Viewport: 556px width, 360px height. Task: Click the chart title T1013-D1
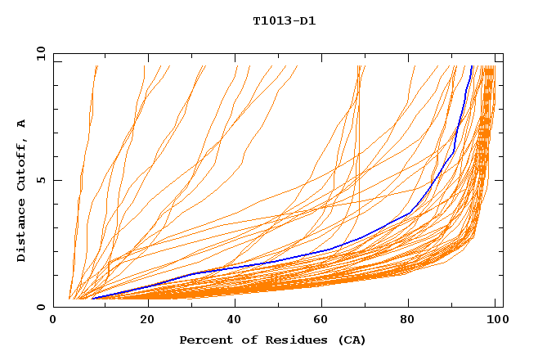pyautogui.click(x=284, y=21)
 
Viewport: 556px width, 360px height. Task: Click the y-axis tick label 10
pyautogui.click(x=40, y=54)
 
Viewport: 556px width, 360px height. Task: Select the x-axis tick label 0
pyautogui.click(x=53, y=321)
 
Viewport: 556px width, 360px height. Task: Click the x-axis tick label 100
pyautogui.click(x=495, y=321)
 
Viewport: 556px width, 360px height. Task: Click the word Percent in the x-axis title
pyautogui.click(x=202, y=340)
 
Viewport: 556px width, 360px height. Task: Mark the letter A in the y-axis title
pyautogui.click(x=21, y=123)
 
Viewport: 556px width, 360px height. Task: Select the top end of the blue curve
pyautogui.click(x=472, y=66)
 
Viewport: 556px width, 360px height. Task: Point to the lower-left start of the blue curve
pyautogui.click(x=94, y=298)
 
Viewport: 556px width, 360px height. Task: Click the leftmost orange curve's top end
pyautogui.click(x=96, y=66)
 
